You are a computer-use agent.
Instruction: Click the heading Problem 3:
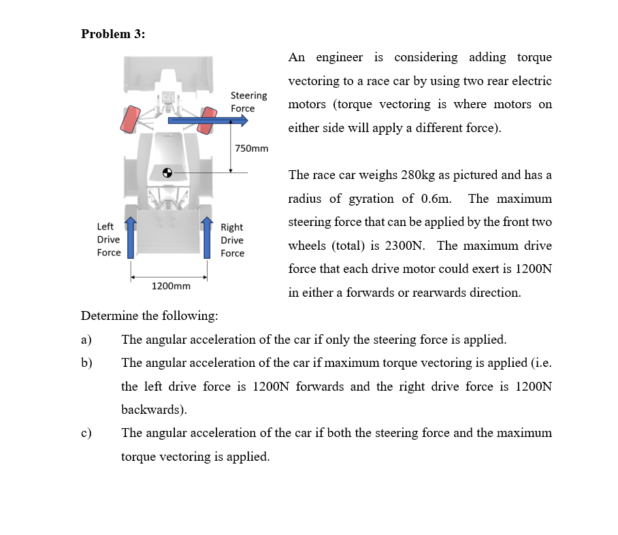pyautogui.click(x=113, y=34)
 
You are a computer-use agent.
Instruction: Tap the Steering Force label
pyautogui.click(x=248, y=102)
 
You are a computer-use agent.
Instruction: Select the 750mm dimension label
pyautogui.click(x=251, y=148)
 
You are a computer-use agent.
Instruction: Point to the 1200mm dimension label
pyautogui.click(x=170, y=287)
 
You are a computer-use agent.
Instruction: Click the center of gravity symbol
pyautogui.click(x=167, y=172)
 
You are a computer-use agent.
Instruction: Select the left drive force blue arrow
pyautogui.click(x=130, y=238)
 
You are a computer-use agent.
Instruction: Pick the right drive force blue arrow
pyautogui.click(x=207, y=238)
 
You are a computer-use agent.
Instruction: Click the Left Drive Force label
pyautogui.click(x=109, y=240)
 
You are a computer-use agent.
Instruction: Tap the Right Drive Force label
pyautogui.click(x=232, y=240)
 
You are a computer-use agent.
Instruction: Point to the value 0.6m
pyautogui.click(x=436, y=199)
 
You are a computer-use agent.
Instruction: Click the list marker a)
pyautogui.click(x=86, y=340)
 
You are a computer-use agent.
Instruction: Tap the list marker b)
pyautogui.click(x=86, y=363)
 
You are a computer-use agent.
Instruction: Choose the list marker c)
pyautogui.click(x=86, y=433)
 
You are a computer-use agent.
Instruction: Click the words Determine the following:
pyautogui.click(x=150, y=316)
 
